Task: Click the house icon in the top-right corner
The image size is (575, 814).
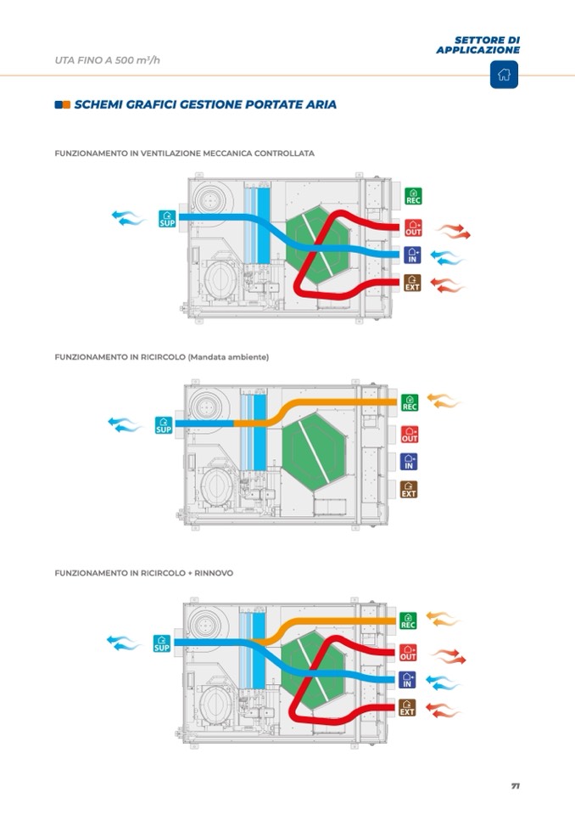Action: coord(504,74)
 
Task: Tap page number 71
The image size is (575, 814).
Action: coord(516,785)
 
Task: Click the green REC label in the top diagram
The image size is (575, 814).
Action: coord(413,196)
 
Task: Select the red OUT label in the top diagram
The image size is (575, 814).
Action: coord(413,227)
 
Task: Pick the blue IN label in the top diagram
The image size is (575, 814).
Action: coord(412,255)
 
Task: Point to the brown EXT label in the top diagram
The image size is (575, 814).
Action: coord(412,283)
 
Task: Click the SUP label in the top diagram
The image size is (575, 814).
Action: coord(167,219)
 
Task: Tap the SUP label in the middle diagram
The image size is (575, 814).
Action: coord(164,424)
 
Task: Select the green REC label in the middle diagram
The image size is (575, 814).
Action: coord(410,402)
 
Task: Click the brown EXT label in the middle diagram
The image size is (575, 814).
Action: coord(409,489)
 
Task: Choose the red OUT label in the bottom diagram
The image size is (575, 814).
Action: coord(408,652)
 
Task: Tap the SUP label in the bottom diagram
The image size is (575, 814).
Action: coord(162,643)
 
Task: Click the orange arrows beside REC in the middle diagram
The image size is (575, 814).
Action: coord(444,401)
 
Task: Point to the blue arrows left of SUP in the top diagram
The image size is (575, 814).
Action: coord(128,218)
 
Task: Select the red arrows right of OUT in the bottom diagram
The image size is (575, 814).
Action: coord(449,655)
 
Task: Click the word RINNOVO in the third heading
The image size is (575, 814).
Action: coord(214,573)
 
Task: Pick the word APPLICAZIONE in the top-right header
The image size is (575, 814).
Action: coord(478,50)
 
